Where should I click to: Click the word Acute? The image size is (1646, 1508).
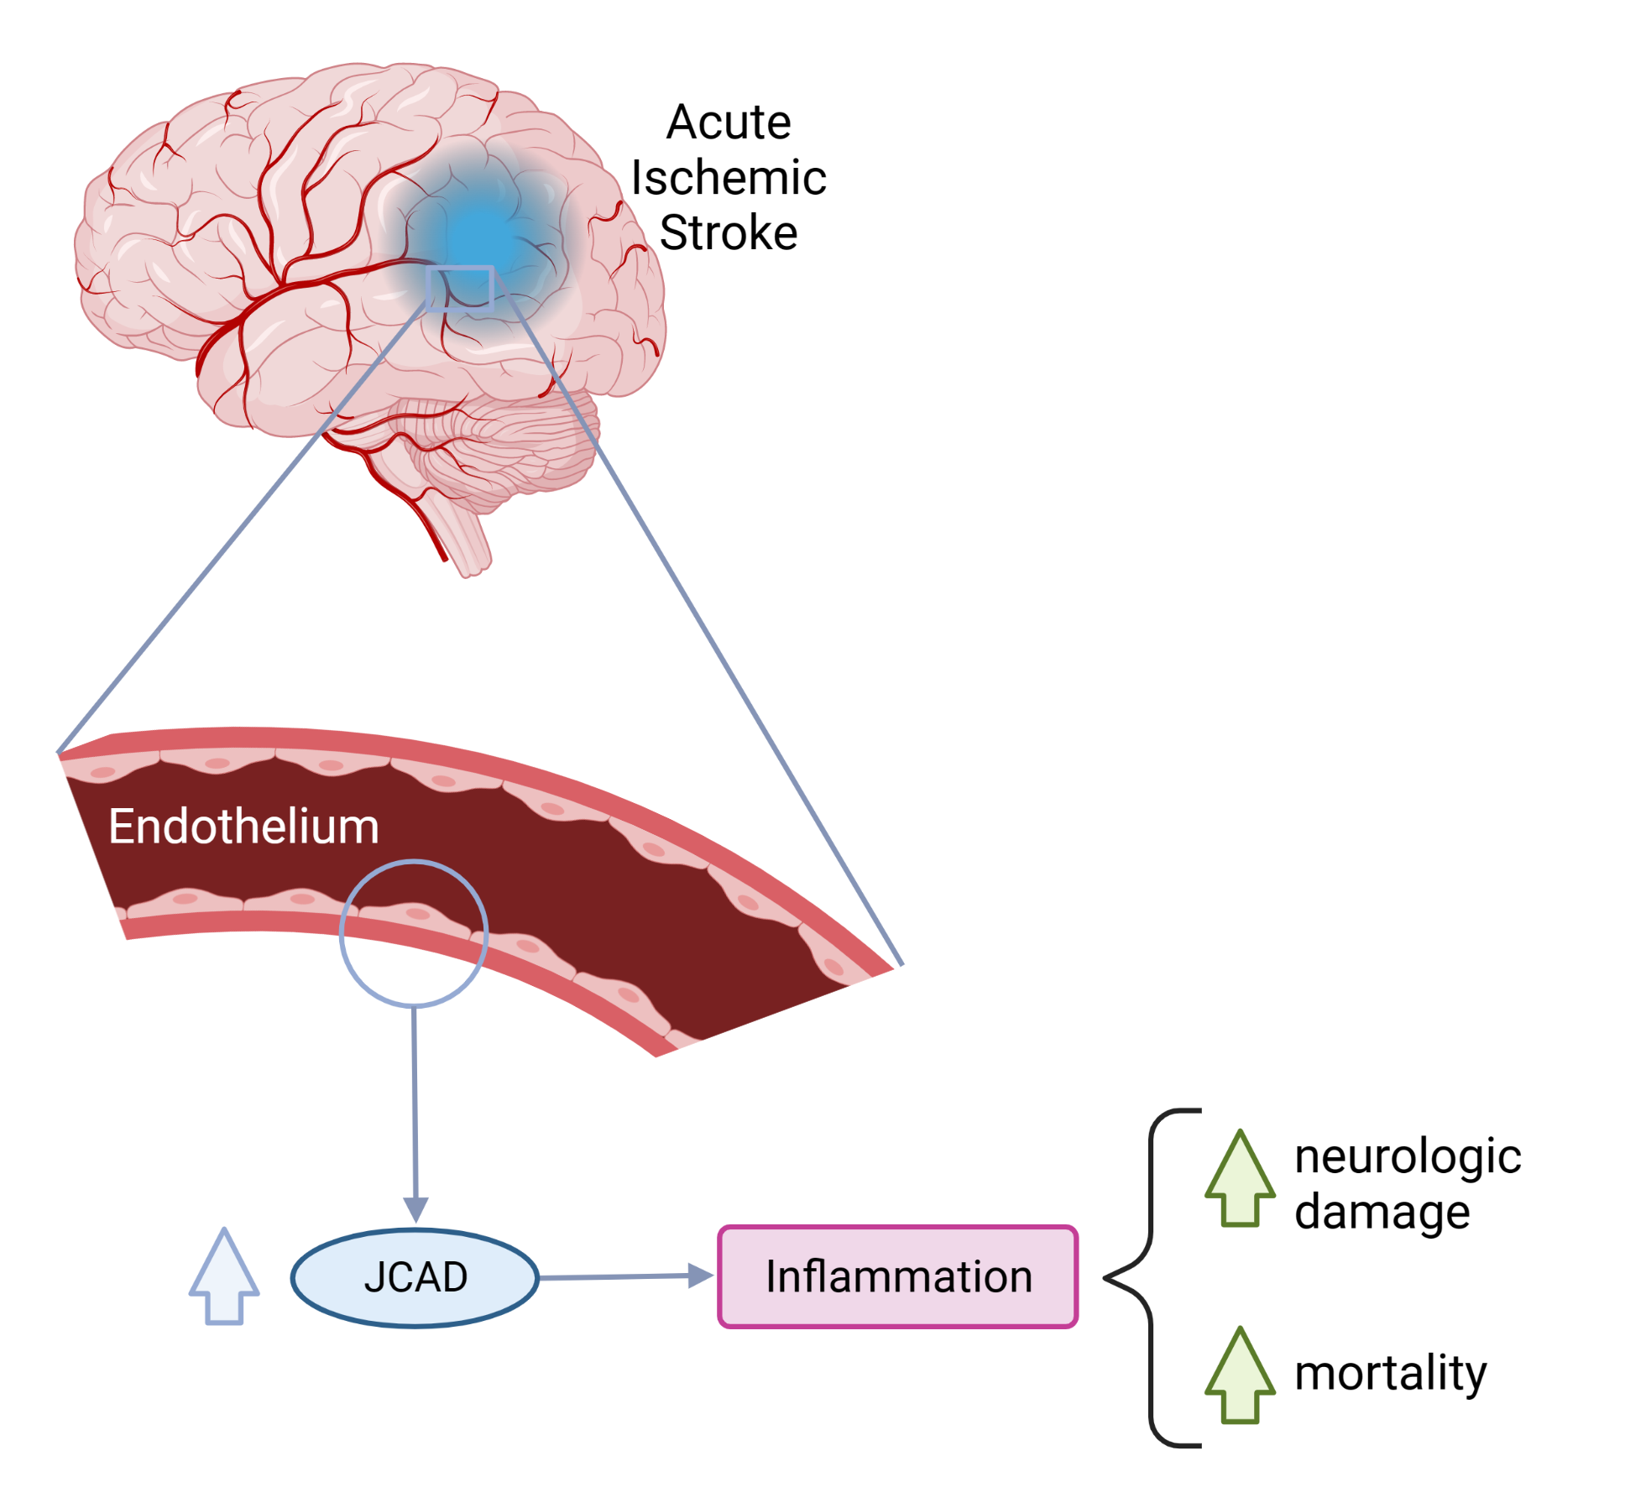coord(728,123)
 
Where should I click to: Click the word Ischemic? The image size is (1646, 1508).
coord(728,178)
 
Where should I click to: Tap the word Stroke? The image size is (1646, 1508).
coord(728,232)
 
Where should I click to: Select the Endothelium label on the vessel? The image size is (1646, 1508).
coord(243,827)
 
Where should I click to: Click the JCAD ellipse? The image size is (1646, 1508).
coord(415,1277)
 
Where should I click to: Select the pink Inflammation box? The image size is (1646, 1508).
coord(897,1276)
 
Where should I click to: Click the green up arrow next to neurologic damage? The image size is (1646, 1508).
coord(1240,1179)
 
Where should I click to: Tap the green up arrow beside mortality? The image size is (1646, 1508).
coord(1240,1376)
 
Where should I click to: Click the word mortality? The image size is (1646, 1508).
coord(1390,1374)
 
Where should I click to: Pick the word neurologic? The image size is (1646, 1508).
coord(1408,1156)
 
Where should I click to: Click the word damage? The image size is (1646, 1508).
coord(1382,1213)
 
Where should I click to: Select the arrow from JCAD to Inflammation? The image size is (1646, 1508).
coord(625,1276)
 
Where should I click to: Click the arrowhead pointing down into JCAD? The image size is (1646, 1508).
coord(415,1209)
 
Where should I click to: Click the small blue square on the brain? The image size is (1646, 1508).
coord(459,289)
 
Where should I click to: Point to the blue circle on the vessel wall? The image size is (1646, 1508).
coord(413,933)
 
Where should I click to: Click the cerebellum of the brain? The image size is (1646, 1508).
coord(512,445)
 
